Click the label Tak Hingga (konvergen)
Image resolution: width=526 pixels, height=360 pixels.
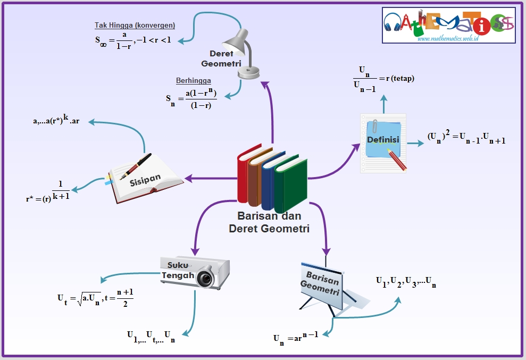[135, 25]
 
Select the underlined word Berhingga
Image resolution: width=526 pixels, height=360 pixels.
[194, 81]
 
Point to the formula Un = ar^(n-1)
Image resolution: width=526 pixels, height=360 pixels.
[296, 337]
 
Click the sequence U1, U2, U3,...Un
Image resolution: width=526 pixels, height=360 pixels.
[406, 281]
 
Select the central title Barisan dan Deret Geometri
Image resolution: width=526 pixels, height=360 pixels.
[269, 222]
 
